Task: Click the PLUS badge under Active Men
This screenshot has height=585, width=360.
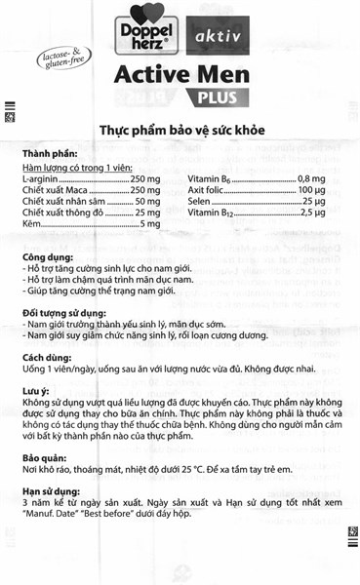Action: click(x=223, y=97)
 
